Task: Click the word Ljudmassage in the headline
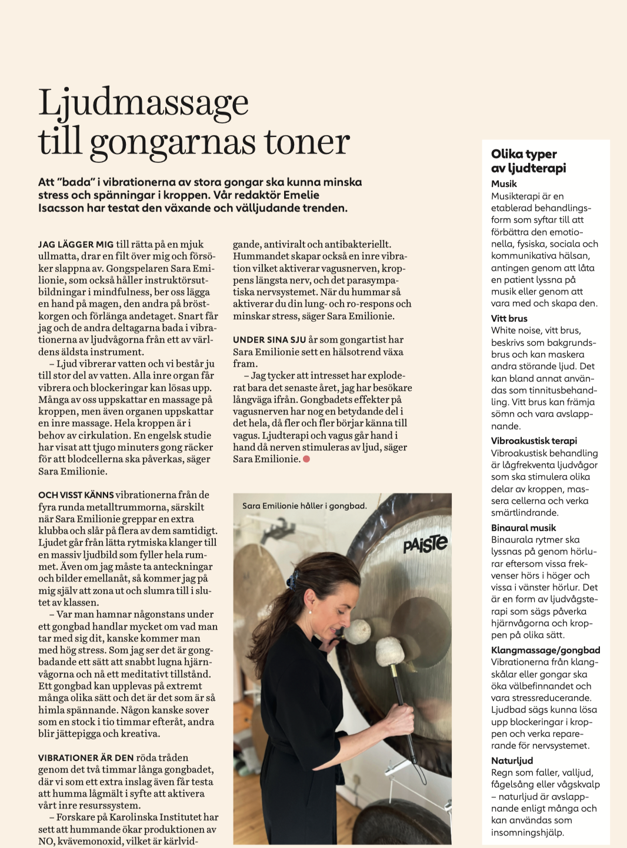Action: [x=144, y=104]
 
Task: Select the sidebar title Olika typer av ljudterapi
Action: [x=528, y=161]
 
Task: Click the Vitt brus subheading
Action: [x=509, y=318]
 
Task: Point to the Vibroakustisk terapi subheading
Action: [x=533, y=440]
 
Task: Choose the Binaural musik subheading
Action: [x=523, y=528]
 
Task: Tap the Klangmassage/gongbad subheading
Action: [x=545, y=650]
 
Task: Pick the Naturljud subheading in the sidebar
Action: [x=512, y=760]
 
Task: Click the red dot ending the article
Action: [x=306, y=459]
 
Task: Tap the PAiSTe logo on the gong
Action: [x=425, y=544]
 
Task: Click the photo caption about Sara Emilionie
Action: [x=304, y=506]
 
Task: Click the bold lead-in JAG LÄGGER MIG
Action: [x=76, y=244]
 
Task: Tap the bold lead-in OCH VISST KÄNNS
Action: [x=76, y=495]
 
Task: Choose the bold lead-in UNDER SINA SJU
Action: [x=269, y=339]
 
